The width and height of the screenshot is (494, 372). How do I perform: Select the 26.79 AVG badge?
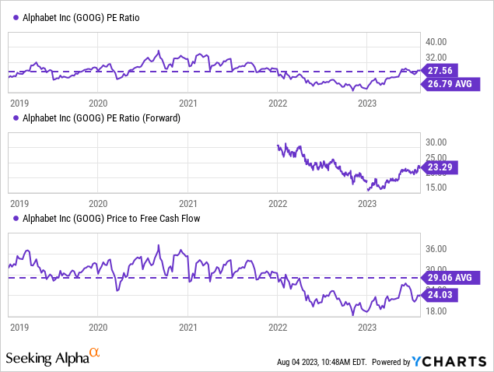(x=454, y=82)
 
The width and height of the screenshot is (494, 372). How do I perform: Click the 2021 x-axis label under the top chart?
(x=187, y=102)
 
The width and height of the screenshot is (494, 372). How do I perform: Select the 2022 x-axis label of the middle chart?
(x=278, y=204)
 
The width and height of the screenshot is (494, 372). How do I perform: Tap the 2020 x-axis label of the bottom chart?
(x=98, y=329)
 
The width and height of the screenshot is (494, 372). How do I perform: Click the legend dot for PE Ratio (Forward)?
(x=16, y=118)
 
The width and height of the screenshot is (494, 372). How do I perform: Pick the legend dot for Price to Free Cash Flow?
(x=16, y=219)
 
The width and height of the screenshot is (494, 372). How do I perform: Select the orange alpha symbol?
(x=94, y=355)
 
